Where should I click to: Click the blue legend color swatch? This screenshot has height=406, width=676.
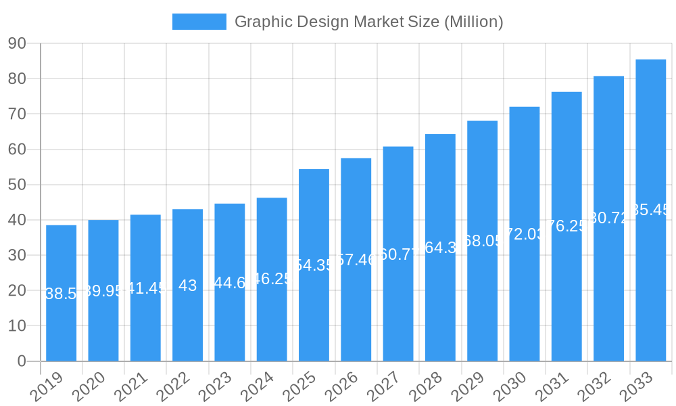199,22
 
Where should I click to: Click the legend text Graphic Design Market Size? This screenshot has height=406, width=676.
368,22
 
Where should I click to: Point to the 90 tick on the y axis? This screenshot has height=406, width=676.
18,44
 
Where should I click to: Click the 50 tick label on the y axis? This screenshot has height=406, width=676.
18,185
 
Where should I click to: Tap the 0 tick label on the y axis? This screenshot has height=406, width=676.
22,361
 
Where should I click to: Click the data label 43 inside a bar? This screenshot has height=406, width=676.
187,286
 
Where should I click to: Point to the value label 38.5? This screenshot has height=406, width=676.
61,294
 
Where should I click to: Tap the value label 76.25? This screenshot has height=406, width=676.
566,226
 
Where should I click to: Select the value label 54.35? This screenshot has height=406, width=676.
314,265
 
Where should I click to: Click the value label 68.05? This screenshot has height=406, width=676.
482,241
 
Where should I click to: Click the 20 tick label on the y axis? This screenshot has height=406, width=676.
18,290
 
